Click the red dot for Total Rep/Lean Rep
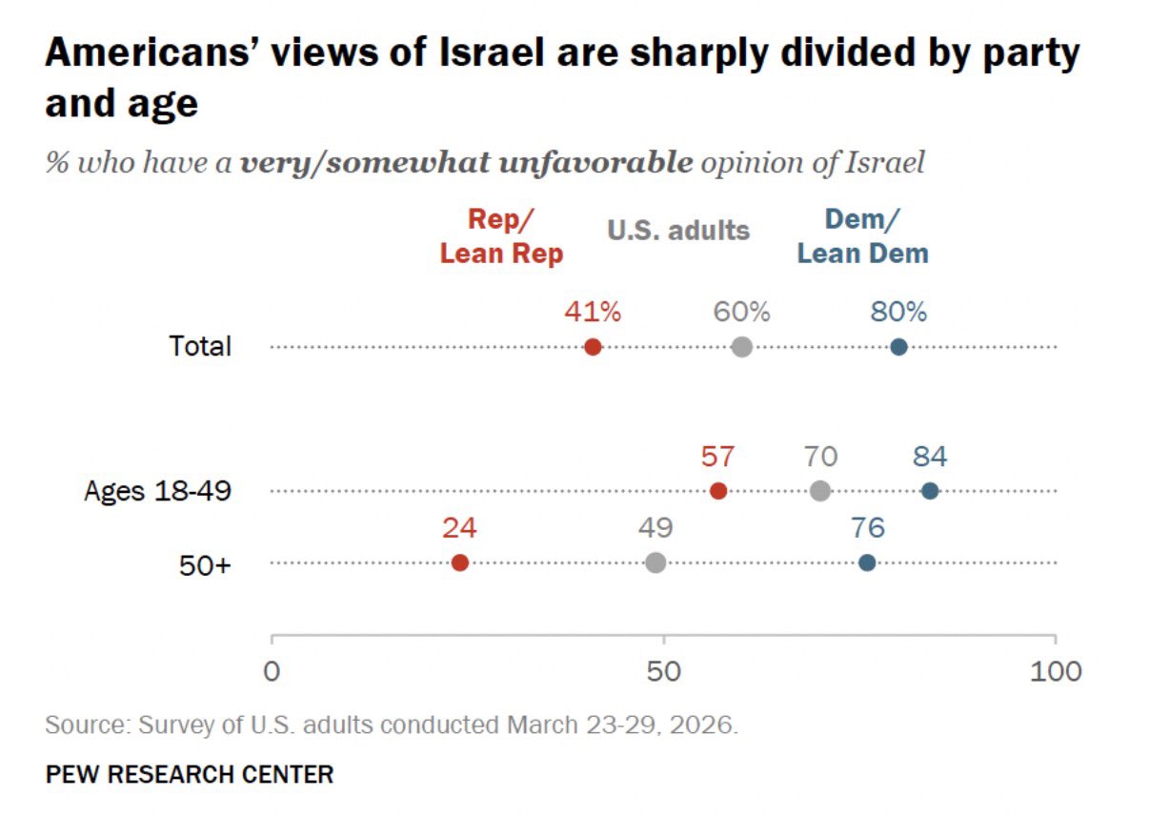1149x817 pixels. click(593, 347)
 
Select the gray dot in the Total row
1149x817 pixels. click(742, 347)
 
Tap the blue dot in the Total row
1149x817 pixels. click(898, 347)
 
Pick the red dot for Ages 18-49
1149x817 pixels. click(718, 491)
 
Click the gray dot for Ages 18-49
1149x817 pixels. click(820, 491)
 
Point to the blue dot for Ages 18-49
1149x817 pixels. click(930, 491)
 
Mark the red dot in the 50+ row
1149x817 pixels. click(460, 562)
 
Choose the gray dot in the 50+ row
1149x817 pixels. click(655, 562)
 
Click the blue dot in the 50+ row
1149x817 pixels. click(867, 562)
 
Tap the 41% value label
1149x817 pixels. click(593, 312)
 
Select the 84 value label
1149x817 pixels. click(930, 457)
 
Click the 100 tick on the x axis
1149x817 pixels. click(1055, 671)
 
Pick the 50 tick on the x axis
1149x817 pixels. click(663, 671)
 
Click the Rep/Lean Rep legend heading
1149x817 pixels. click(501, 235)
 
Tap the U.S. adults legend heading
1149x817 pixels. click(678, 230)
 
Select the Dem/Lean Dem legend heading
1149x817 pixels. click(862, 235)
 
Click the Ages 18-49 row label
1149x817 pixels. click(157, 492)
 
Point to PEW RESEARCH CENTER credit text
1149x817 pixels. click(190, 774)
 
